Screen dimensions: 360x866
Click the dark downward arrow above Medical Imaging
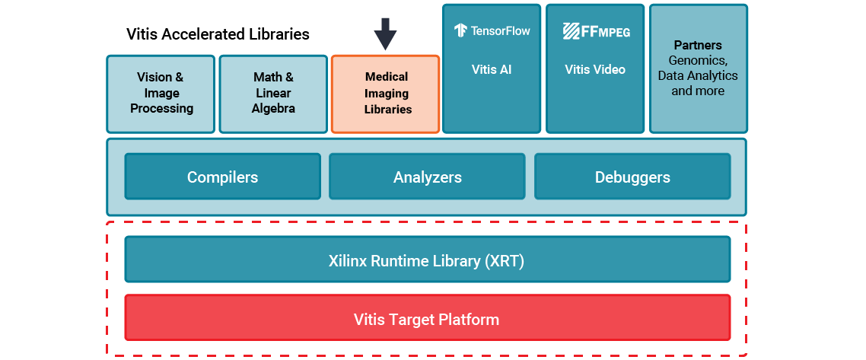(x=385, y=33)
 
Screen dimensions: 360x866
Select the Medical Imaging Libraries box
(x=386, y=94)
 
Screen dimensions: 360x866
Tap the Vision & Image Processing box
(x=161, y=93)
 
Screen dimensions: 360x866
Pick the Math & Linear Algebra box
(x=273, y=93)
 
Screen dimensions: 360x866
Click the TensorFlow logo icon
(x=460, y=30)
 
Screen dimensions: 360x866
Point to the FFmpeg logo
(x=596, y=30)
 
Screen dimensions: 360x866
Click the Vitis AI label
(x=491, y=69)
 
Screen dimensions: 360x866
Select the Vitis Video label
(x=595, y=69)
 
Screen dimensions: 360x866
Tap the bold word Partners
(x=698, y=46)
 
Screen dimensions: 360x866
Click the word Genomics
(x=698, y=60)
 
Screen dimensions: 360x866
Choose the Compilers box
(x=223, y=177)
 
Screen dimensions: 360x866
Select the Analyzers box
(x=427, y=177)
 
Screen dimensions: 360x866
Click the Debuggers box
(x=632, y=177)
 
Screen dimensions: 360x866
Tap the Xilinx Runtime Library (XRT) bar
(x=427, y=260)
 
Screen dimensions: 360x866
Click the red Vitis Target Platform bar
(x=427, y=319)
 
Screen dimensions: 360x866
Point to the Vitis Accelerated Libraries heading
(x=218, y=34)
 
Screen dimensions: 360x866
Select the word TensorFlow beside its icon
(x=501, y=30)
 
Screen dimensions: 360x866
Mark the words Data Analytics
(x=698, y=75)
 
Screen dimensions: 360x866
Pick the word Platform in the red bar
(x=470, y=319)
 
